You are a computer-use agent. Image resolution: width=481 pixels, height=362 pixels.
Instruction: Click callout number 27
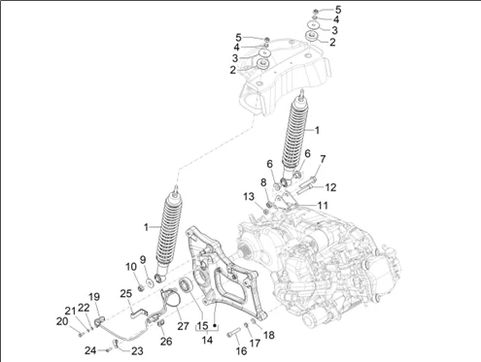pyautogui.click(x=183, y=325)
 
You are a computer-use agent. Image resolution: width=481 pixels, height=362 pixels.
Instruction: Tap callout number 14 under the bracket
pyautogui.click(x=207, y=340)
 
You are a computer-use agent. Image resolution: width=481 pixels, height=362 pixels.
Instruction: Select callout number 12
pyautogui.click(x=330, y=187)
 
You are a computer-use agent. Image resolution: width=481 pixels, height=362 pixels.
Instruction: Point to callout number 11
pyautogui.click(x=323, y=205)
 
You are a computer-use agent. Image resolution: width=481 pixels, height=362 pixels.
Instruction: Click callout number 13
pyautogui.click(x=249, y=196)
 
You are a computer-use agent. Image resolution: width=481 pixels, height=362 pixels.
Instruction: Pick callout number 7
pyautogui.click(x=323, y=159)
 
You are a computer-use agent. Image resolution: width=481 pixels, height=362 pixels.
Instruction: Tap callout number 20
pyautogui.click(x=62, y=321)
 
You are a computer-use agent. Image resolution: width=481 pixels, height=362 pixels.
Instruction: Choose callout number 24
pyautogui.click(x=90, y=350)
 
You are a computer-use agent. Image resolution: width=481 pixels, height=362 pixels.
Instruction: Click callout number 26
pyautogui.click(x=166, y=341)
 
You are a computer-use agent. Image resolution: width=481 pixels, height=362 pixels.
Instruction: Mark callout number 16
pyautogui.click(x=241, y=350)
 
